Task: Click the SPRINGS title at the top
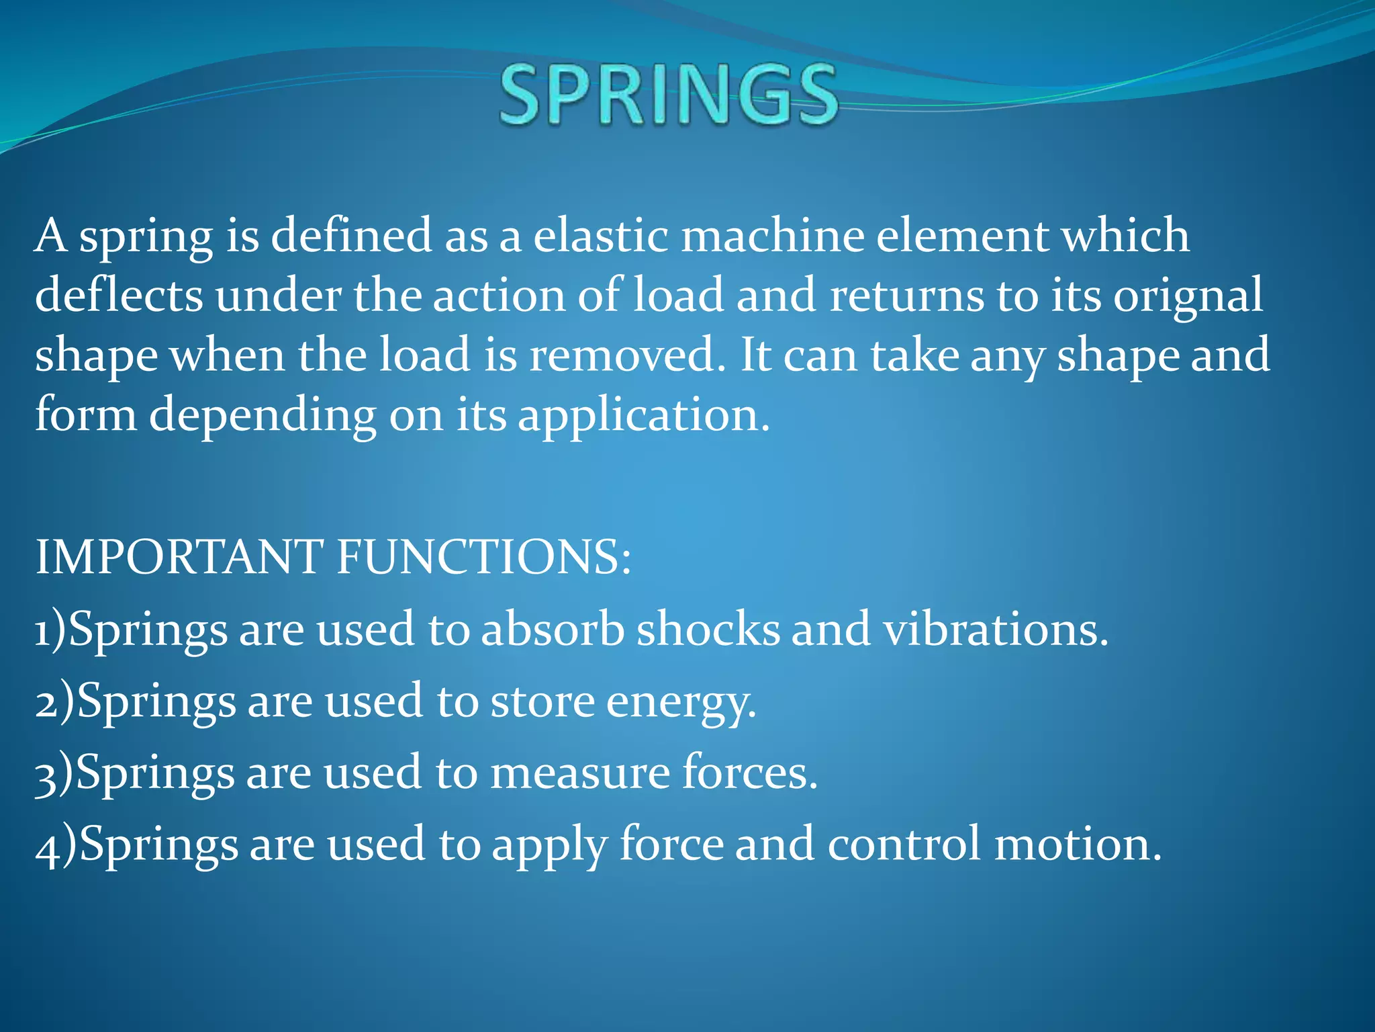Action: (668, 95)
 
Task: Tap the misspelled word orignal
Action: (1188, 296)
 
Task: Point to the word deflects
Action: (118, 296)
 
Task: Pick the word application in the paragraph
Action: (643, 415)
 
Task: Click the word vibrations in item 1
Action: (994, 630)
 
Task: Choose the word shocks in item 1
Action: (708, 630)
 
